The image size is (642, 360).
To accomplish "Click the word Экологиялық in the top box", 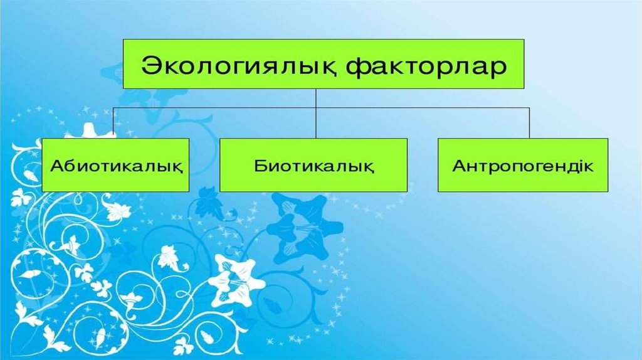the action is coord(239,66).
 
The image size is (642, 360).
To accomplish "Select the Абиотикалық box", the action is coord(115,165).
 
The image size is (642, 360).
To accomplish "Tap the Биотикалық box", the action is coord(313,165).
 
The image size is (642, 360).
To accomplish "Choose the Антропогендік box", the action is coord(523,165).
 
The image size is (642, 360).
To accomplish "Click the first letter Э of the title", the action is coord(150,66).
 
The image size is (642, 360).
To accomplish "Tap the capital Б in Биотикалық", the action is coord(260,166).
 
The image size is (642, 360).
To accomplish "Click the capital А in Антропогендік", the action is coord(460,166).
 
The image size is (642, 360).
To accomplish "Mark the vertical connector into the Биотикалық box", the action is coord(316,114).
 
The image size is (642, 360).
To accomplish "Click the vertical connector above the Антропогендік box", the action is coord(529,123).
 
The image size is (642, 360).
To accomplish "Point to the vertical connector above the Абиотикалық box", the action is coord(113,123).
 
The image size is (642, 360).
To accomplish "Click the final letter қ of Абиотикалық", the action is coord(177,167).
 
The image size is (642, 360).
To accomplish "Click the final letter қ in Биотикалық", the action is coord(368,167).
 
